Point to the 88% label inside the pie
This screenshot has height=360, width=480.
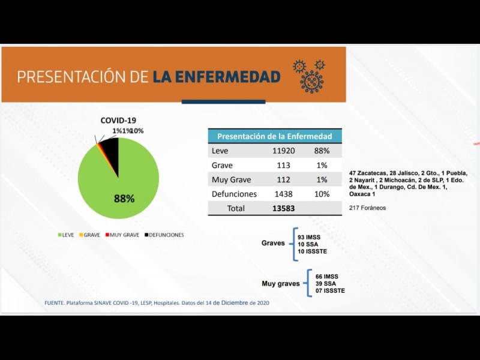point(124,198)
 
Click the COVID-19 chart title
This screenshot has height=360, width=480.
point(118,121)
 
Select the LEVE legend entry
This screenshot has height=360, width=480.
point(66,235)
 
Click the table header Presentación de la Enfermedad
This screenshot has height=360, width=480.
point(274,136)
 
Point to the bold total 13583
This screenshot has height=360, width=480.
point(283,208)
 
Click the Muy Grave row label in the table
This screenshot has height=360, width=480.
point(232,179)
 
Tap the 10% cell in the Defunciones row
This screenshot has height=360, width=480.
point(322,194)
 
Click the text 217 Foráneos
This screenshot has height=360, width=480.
point(367,208)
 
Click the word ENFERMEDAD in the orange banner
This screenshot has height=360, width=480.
point(217,77)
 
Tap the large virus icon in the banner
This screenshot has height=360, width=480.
point(311,82)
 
